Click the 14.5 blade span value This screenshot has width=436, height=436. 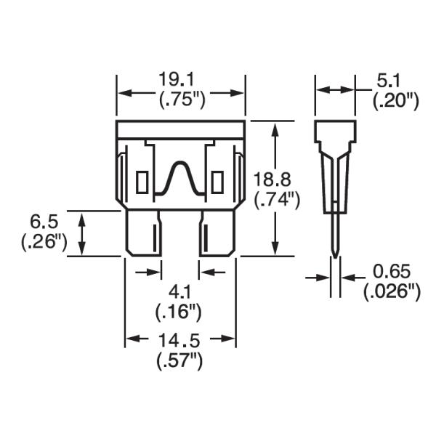click(180, 339)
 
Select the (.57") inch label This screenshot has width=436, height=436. click(180, 360)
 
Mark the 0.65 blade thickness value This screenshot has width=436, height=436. click(392, 272)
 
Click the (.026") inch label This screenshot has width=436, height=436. click(392, 292)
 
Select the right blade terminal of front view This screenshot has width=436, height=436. click(217, 233)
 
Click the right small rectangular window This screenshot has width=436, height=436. click(217, 179)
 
